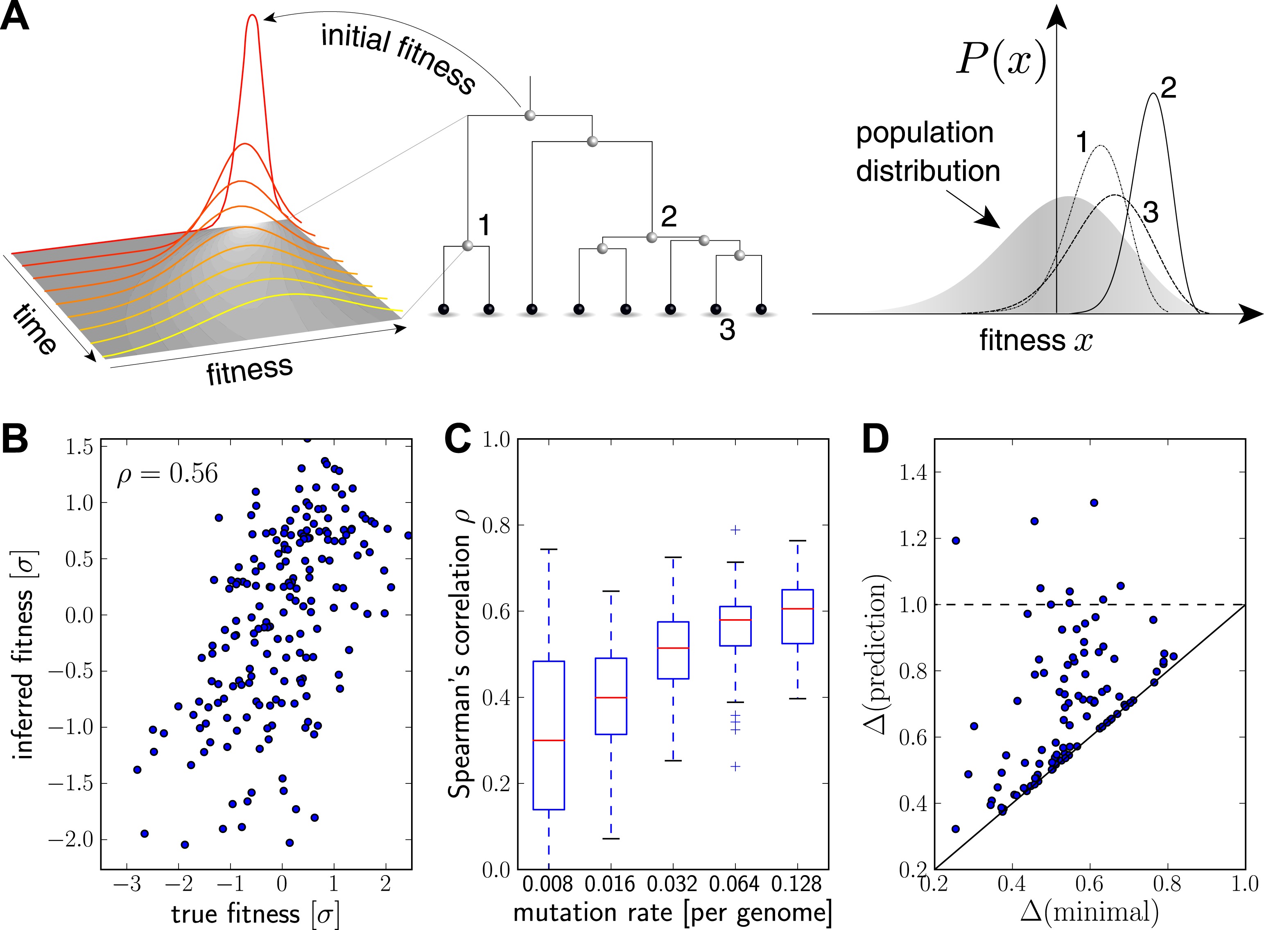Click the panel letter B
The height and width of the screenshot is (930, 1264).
(x=15, y=439)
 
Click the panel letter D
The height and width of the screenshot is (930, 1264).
(x=876, y=439)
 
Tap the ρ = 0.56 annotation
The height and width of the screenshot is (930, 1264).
(x=167, y=474)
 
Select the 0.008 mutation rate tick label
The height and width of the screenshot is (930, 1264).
(x=547, y=885)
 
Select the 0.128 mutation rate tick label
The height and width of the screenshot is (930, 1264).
(x=796, y=885)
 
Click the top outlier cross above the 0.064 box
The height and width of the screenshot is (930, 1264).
(x=735, y=530)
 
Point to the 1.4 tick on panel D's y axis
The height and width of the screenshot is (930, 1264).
(x=913, y=472)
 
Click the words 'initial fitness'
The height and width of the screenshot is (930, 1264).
(x=398, y=56)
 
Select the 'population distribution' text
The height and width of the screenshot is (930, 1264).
(x=927, y=152)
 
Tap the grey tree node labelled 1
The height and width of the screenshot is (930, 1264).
(x=467, y=245)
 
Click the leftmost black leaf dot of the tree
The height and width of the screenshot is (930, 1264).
(x=443, y=309)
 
